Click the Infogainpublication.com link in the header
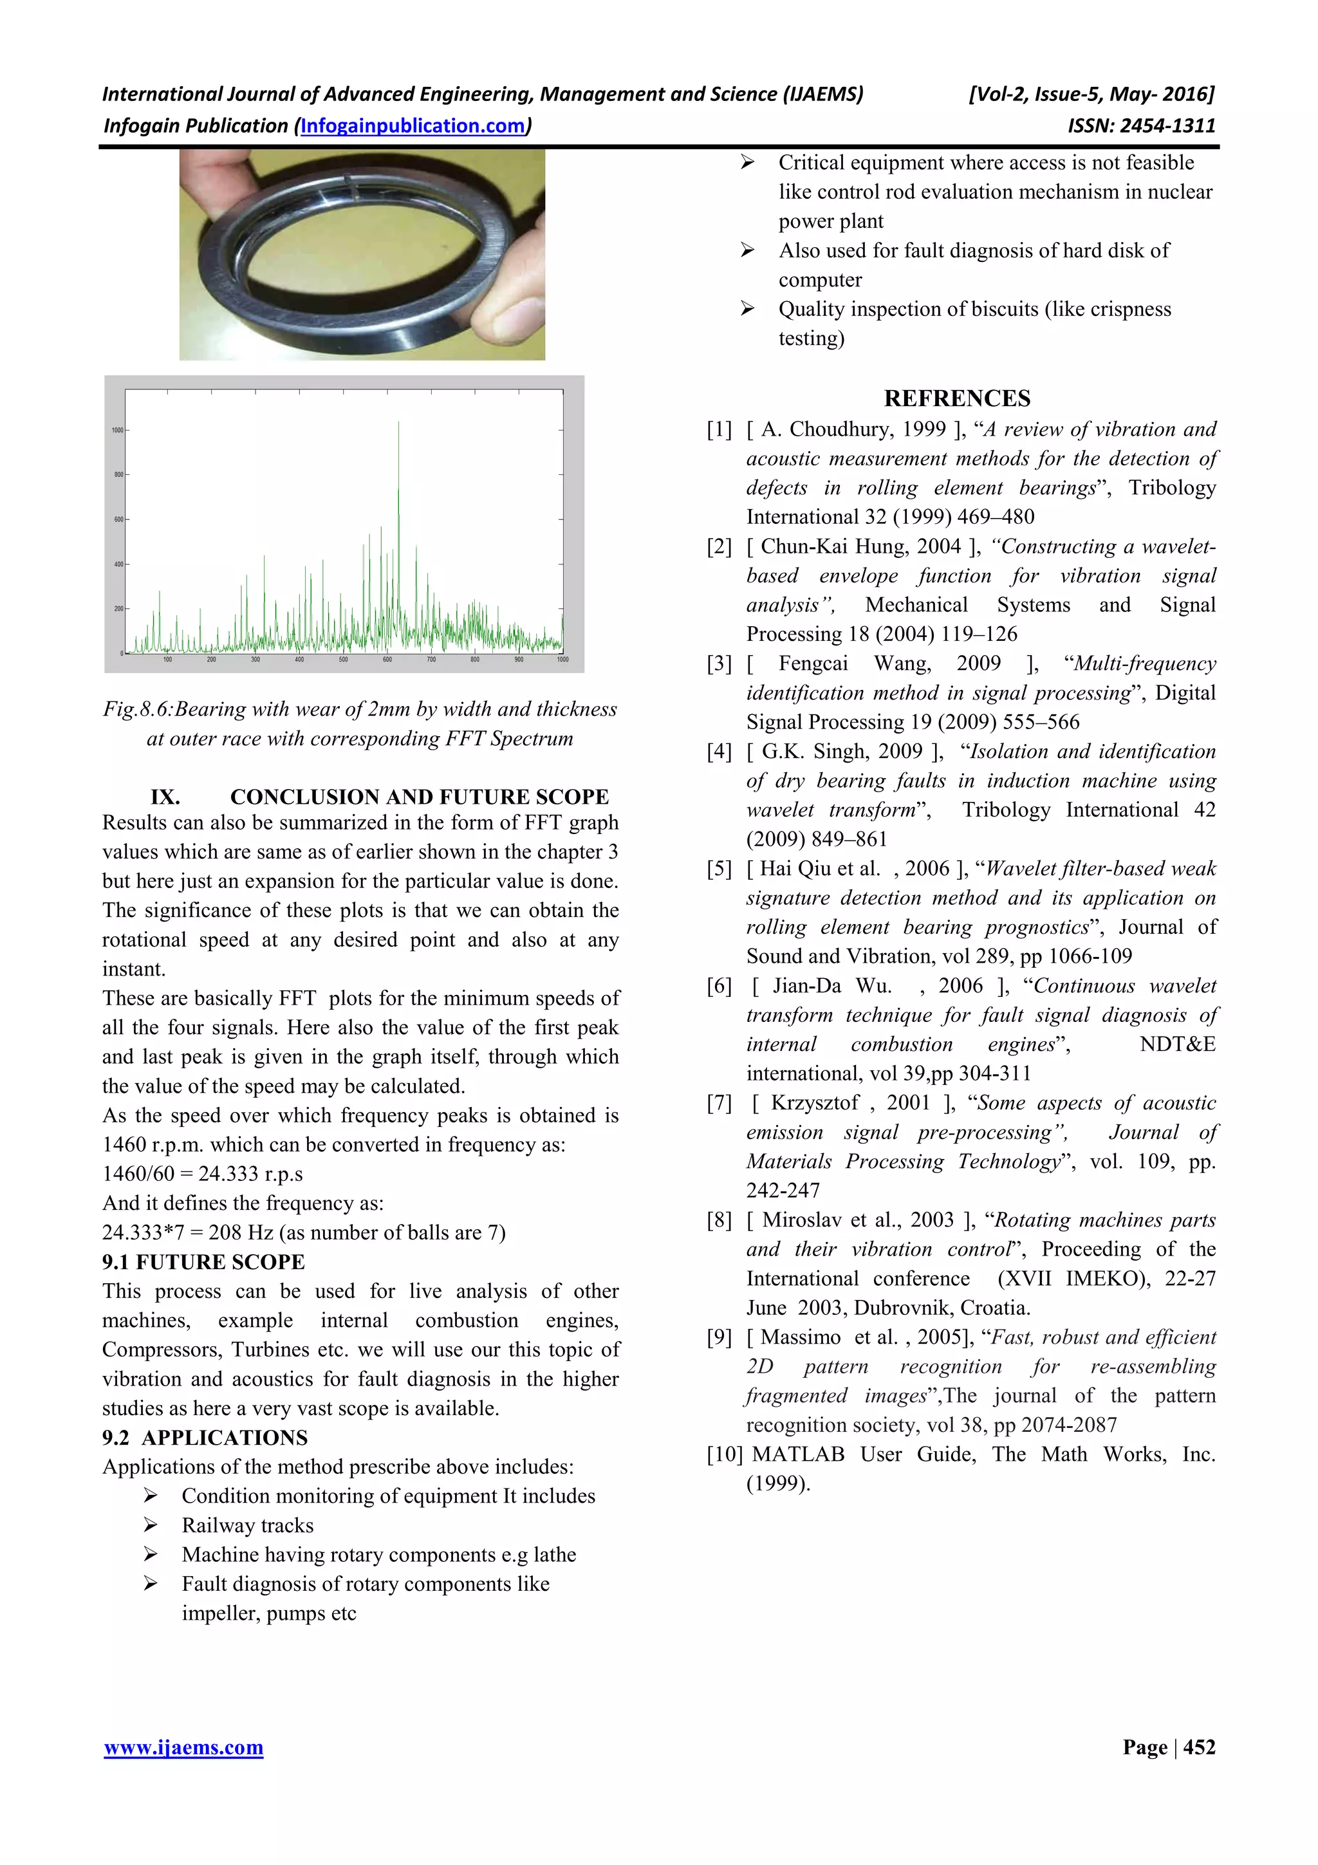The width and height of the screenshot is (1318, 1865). click(x=413, y=126)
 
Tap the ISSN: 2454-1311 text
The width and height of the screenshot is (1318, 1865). click(x=1141, y=126)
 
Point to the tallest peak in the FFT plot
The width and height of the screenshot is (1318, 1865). click(x=398, y=424)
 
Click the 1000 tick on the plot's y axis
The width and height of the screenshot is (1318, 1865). click(x=118, y=431)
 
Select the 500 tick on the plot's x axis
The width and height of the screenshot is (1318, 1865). click(x=343, y=660)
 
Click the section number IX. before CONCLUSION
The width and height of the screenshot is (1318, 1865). click(x=165, y=797)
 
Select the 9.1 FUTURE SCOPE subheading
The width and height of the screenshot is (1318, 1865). click(x=203, y=1261)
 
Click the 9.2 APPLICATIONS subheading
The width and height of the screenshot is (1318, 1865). click(x=205, y=1437)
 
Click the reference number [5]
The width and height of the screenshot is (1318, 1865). click(x=719, y=868)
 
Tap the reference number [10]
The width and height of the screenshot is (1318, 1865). click(x=725, y=1454)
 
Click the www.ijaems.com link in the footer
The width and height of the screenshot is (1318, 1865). click(x=183, y=1747)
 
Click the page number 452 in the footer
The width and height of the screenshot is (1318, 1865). click(x=1199, y=1747)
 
